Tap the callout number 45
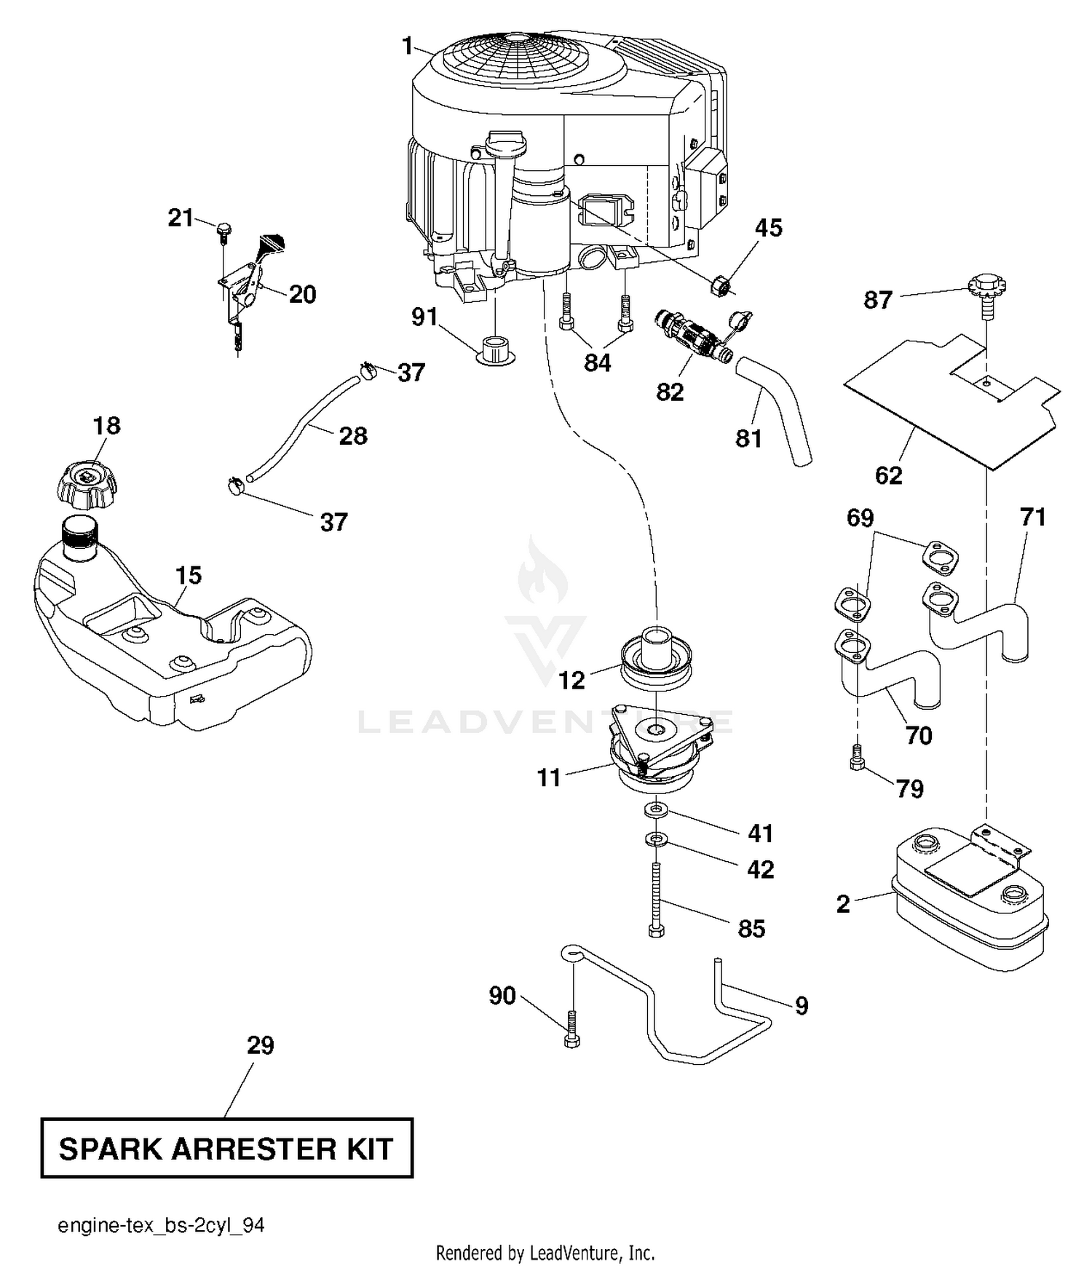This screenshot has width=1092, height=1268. pos(769,228)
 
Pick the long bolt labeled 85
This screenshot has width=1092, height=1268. pos(656,900)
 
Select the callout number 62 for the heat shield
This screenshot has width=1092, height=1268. pos(889,475)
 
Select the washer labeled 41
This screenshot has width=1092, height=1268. pos(657,810)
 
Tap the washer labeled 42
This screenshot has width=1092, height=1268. pos(657,840)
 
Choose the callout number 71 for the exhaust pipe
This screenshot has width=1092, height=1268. pos(1033,517)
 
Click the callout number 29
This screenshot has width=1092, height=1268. pos(260,1045)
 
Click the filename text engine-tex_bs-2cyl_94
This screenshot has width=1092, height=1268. pos(161,1226)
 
